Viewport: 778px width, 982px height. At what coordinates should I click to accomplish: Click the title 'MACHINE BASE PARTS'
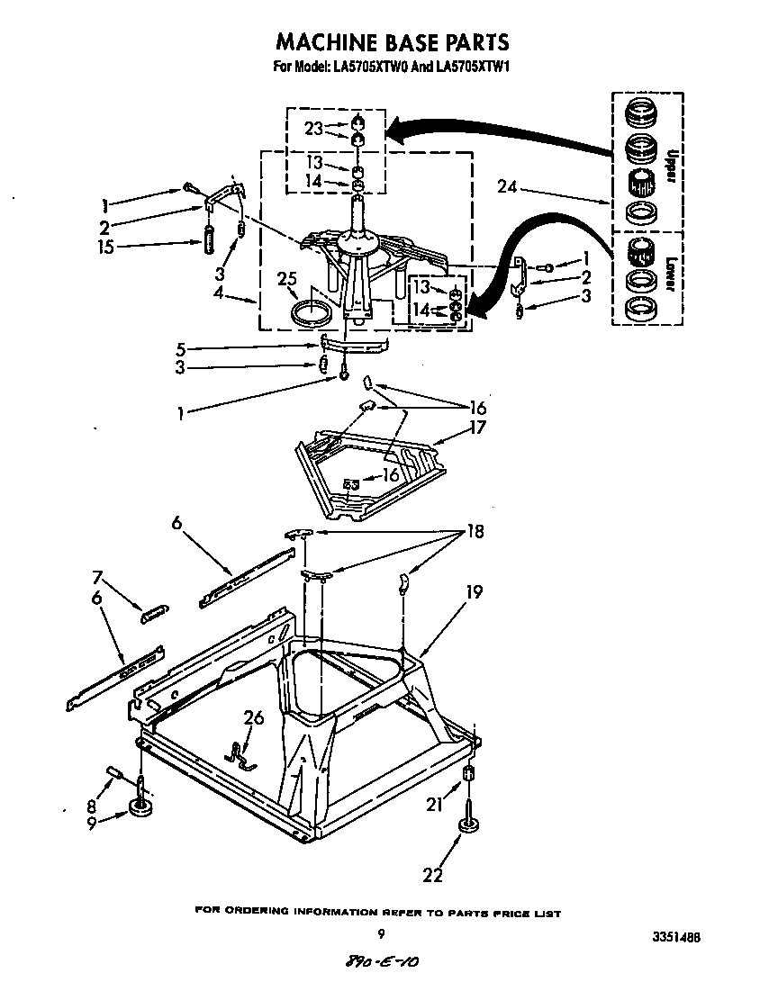click(x=392, y=41)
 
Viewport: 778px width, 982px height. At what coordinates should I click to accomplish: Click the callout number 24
click(x=509, y=187)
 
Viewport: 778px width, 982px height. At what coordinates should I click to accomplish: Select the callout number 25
click(x=286, y=281)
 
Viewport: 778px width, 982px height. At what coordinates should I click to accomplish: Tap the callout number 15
click(x=105, y=246)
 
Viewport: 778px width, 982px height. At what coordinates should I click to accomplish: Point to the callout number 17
click(x=477, y=428)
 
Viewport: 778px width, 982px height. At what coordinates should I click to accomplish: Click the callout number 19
click(x=474, y=591)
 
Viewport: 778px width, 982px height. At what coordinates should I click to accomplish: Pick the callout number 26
click(x=254, y=717)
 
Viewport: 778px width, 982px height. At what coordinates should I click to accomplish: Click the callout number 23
click(x=312, y=128)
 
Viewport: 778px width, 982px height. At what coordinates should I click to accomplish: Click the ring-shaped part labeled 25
click(x=312, y=314)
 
